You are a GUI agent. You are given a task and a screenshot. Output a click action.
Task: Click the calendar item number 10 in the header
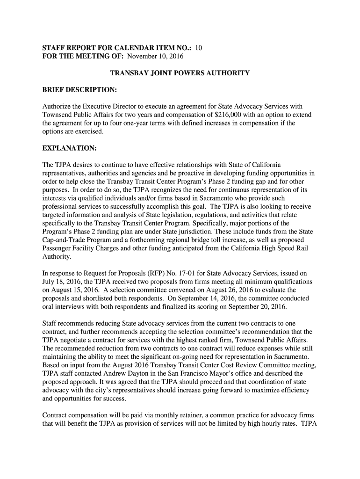199,48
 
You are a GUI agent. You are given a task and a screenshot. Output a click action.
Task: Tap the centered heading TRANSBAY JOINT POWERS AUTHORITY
180,73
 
